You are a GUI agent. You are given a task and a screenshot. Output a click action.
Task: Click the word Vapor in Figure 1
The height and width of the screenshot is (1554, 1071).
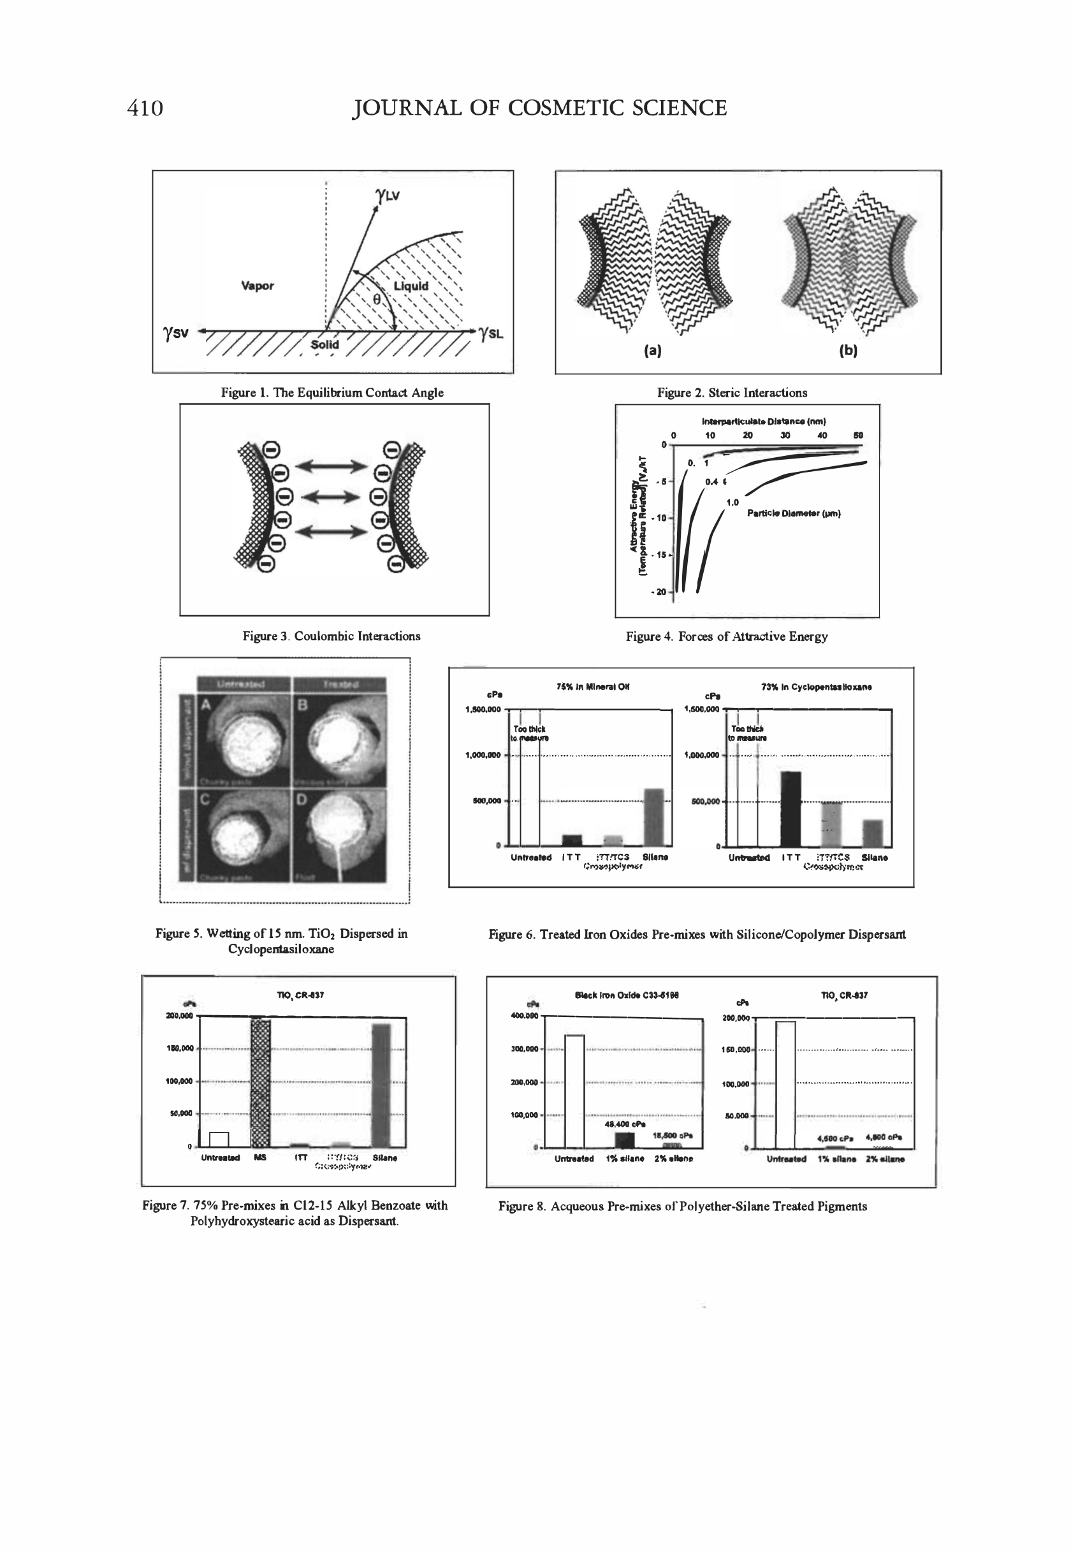(x=257, y=286)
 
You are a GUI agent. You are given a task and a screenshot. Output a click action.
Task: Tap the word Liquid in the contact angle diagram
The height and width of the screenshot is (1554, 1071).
(x=411, y=286)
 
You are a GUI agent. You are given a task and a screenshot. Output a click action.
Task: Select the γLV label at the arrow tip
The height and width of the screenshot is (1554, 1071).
(x=388, y=195)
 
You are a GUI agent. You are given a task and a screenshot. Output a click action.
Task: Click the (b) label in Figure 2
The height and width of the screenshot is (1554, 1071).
(x=849, y=351)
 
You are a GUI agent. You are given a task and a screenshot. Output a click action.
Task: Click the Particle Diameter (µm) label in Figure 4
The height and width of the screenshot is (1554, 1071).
(x=794, y=513)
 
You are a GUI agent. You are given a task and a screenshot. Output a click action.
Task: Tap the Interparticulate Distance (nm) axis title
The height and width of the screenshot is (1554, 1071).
(x=764, y=421)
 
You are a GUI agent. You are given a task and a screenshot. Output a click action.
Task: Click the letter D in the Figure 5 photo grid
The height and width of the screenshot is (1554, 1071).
(x=302, y=800)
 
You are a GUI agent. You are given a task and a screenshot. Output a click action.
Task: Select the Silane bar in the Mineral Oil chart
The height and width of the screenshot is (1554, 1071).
(x=653, y=817)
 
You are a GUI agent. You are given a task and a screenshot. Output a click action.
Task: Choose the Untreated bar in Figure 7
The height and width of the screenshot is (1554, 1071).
(x=219, y=1139)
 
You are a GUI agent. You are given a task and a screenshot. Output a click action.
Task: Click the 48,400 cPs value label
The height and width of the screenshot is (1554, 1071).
(x=625, y=1124)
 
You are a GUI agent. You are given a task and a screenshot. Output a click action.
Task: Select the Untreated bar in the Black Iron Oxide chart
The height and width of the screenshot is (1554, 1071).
(x=574, y=1091)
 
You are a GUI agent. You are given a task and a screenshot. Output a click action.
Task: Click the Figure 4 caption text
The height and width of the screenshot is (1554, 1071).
(x=726, y=636)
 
